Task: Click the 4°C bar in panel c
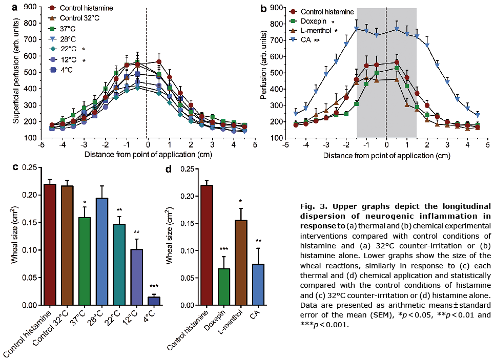click(x=154, y=301)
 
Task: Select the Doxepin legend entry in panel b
click(x=314, y=22)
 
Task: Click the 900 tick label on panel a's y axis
click(x=31, y=7)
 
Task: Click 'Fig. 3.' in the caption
click(x=313, y=207)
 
